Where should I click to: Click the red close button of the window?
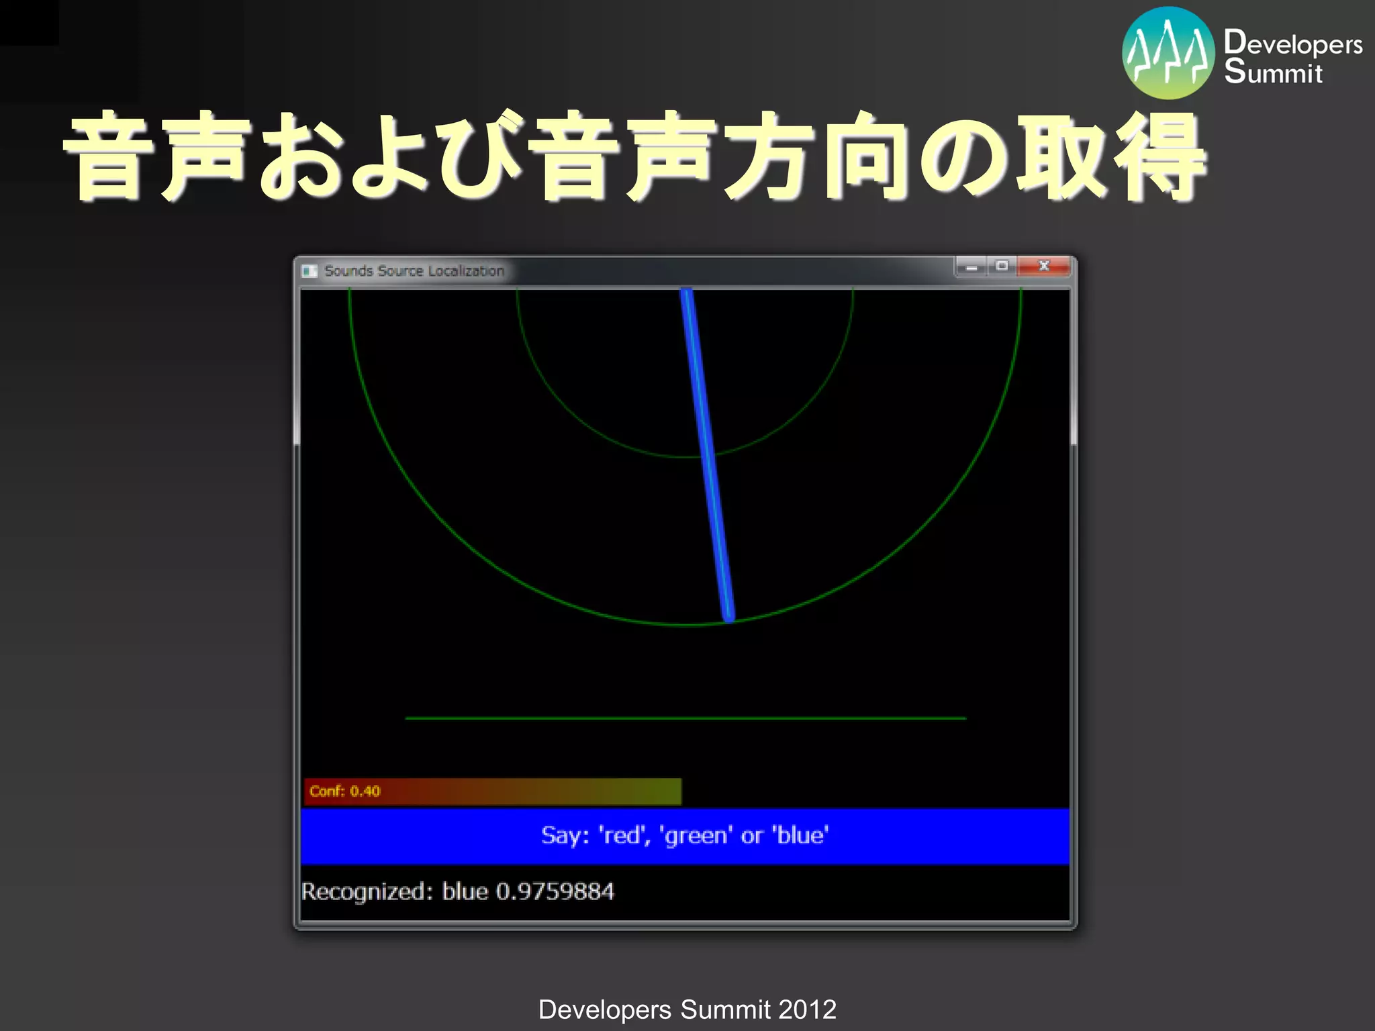(x=1043, y=266)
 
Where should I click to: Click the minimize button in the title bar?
(x=971, y=267)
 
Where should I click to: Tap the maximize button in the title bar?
(x=1002, y=266)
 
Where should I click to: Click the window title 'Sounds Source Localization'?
(x=414, y=271)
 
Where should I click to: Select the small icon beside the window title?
(x=310, y=271)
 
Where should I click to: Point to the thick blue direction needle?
(x=706, y=453)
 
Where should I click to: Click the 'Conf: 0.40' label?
(x=345, y=791)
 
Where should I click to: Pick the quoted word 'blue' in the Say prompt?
(x=800, y=836)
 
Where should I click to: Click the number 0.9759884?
(x=555, y=891)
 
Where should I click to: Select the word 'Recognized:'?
(x=367, y=892)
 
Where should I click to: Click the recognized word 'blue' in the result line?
(x=465, y=891)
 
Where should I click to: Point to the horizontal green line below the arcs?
(x=685, y=718)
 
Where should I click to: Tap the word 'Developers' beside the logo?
(x=1293, y=44)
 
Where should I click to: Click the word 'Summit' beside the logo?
(x=1273, y=72)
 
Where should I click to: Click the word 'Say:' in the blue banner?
(x=565, y=836)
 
